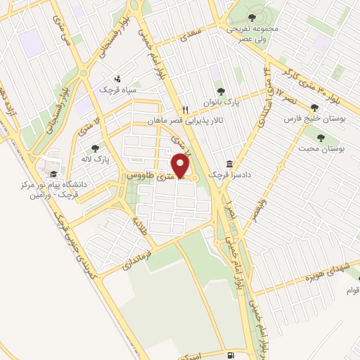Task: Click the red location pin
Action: click(x=181, y=166)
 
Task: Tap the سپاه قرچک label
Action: click(x=118, y=90)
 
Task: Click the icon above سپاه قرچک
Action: click(x=118, y=79)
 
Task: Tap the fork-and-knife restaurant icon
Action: click(x=185, y=109)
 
